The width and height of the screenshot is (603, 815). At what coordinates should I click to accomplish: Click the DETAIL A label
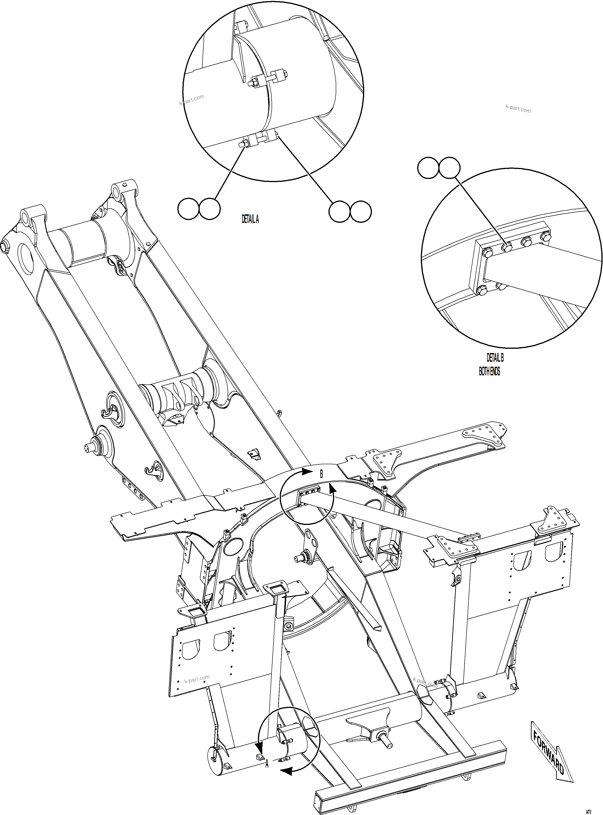click(250, 219)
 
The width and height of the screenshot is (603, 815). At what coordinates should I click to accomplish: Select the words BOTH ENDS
click(489, 371)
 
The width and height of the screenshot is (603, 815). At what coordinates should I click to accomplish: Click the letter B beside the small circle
click(321, 474)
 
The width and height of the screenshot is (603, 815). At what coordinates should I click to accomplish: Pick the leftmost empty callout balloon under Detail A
click(188, 209)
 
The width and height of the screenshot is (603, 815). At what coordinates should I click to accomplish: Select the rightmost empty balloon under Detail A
click(361, 211)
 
